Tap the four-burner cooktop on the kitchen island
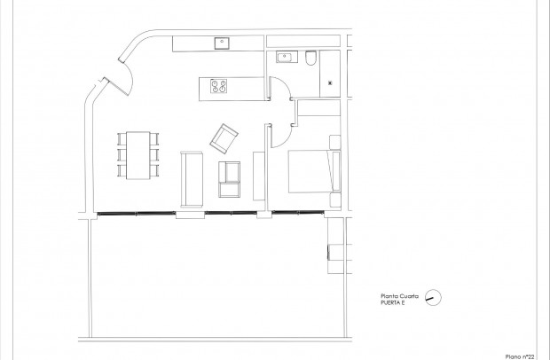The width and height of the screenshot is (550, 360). (x=218, y=86)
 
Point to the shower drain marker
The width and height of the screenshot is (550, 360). (x=332, y=82)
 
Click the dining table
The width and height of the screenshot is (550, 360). (x=138, y=154)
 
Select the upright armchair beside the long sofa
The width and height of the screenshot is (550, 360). (x=230, y=179)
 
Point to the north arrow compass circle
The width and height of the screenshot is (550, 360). (x=433, y=298)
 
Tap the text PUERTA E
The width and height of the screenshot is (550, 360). (x=392, y=304)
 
